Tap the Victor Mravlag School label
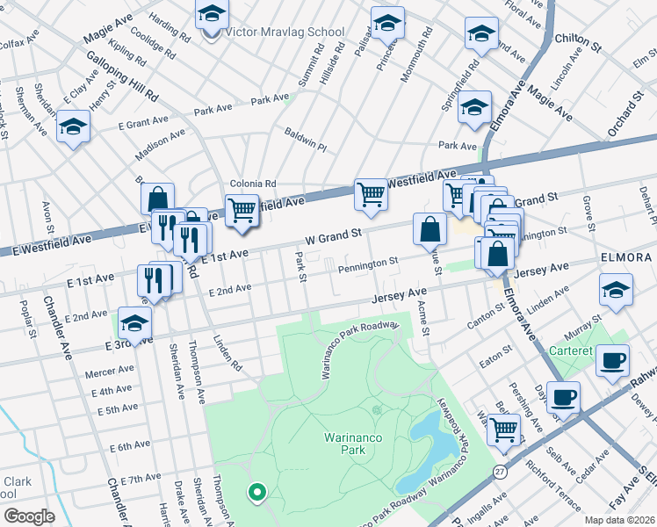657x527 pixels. [x=285, y=32]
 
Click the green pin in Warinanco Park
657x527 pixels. [x=256, y=493]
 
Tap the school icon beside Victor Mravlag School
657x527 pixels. [x=211, y=17]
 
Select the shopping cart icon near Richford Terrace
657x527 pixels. [x=504, y=429]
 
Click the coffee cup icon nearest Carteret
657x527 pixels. [x=612, y=360]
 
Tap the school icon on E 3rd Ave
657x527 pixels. [x=134, y=323]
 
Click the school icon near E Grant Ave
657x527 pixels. [x=74, y=127]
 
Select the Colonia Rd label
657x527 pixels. [x=253, y=184]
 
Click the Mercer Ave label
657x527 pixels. [x=103, y=372]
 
